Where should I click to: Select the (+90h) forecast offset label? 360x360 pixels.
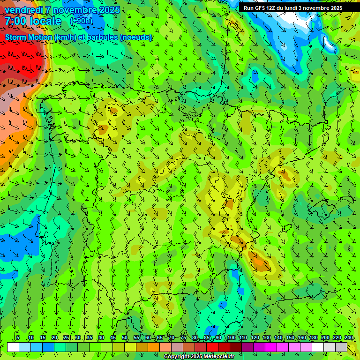click(x=81, y=21)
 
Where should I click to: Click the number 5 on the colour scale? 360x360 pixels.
click(x=18, y=338)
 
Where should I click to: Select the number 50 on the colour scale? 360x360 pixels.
click(x=124, y=338)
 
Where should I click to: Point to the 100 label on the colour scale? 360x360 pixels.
click(x=231, y=338)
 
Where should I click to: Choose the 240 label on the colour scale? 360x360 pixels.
click(x=348, y=338)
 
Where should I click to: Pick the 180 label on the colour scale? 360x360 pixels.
click(x=313, y=338)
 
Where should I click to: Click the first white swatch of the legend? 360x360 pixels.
click(x=13, y=347)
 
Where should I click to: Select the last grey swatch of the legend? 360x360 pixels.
click(x=341, y=347)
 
